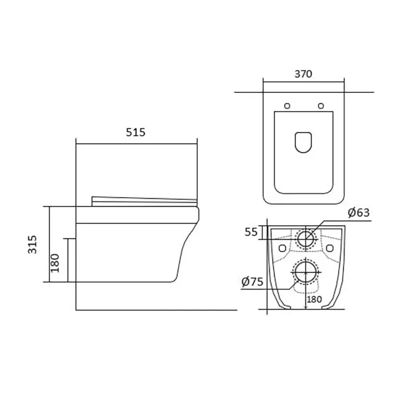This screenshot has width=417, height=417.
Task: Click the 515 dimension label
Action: (x=136, y=132)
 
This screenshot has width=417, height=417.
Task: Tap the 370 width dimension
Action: (x=303, y=74)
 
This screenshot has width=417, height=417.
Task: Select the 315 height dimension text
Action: (x=32, y=244)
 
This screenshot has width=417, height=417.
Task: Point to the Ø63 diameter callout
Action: (x=359, y=213)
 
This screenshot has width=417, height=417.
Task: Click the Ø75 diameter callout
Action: (x=252, y=281)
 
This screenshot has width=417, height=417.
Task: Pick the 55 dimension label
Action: (x=251, y=232)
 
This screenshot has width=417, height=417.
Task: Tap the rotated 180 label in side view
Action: (x=55, y=263)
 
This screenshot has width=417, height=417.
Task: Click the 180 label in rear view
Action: (x=314, y=299)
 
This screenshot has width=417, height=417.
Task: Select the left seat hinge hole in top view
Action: (x=287, y=106)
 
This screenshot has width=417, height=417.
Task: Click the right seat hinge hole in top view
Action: (x=321, y=106)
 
